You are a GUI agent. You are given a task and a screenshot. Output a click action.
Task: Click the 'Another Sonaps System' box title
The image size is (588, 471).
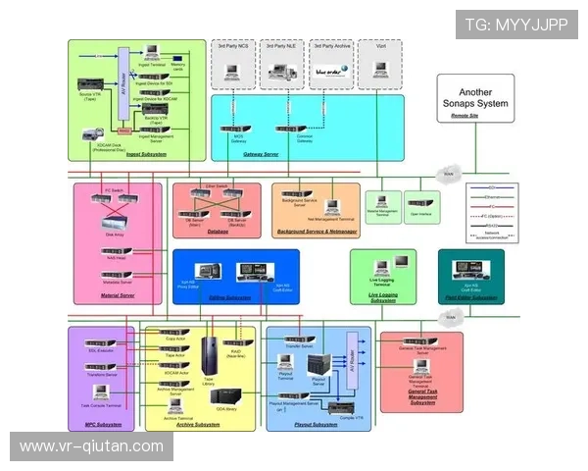tap(477, 97)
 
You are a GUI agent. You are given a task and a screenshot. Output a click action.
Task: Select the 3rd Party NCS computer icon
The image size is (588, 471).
tap(233, 71)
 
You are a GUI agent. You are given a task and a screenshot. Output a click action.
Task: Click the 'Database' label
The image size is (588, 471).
tap(217, 233)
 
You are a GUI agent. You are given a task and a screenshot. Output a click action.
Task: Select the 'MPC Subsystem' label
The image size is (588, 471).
tap(103, 425)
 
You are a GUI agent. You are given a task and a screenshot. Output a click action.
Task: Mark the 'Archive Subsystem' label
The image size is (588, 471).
tap(200, 425)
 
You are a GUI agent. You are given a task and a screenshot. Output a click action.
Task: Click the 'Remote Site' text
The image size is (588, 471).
tap(465, 116)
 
